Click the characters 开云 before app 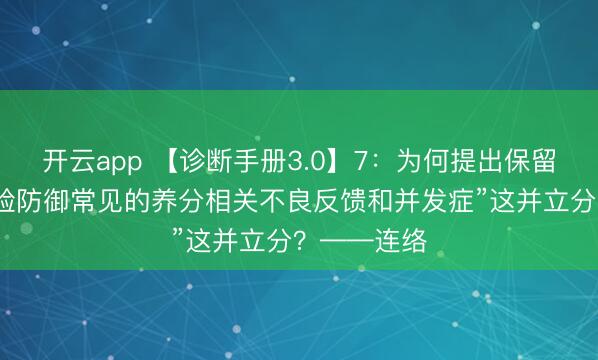click(x=67, y=160)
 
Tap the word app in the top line click(x=119, y=160)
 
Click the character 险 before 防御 click(x=9, y=201)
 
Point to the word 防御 click(x=45, y=201)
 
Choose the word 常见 click(x=99, y=201)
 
